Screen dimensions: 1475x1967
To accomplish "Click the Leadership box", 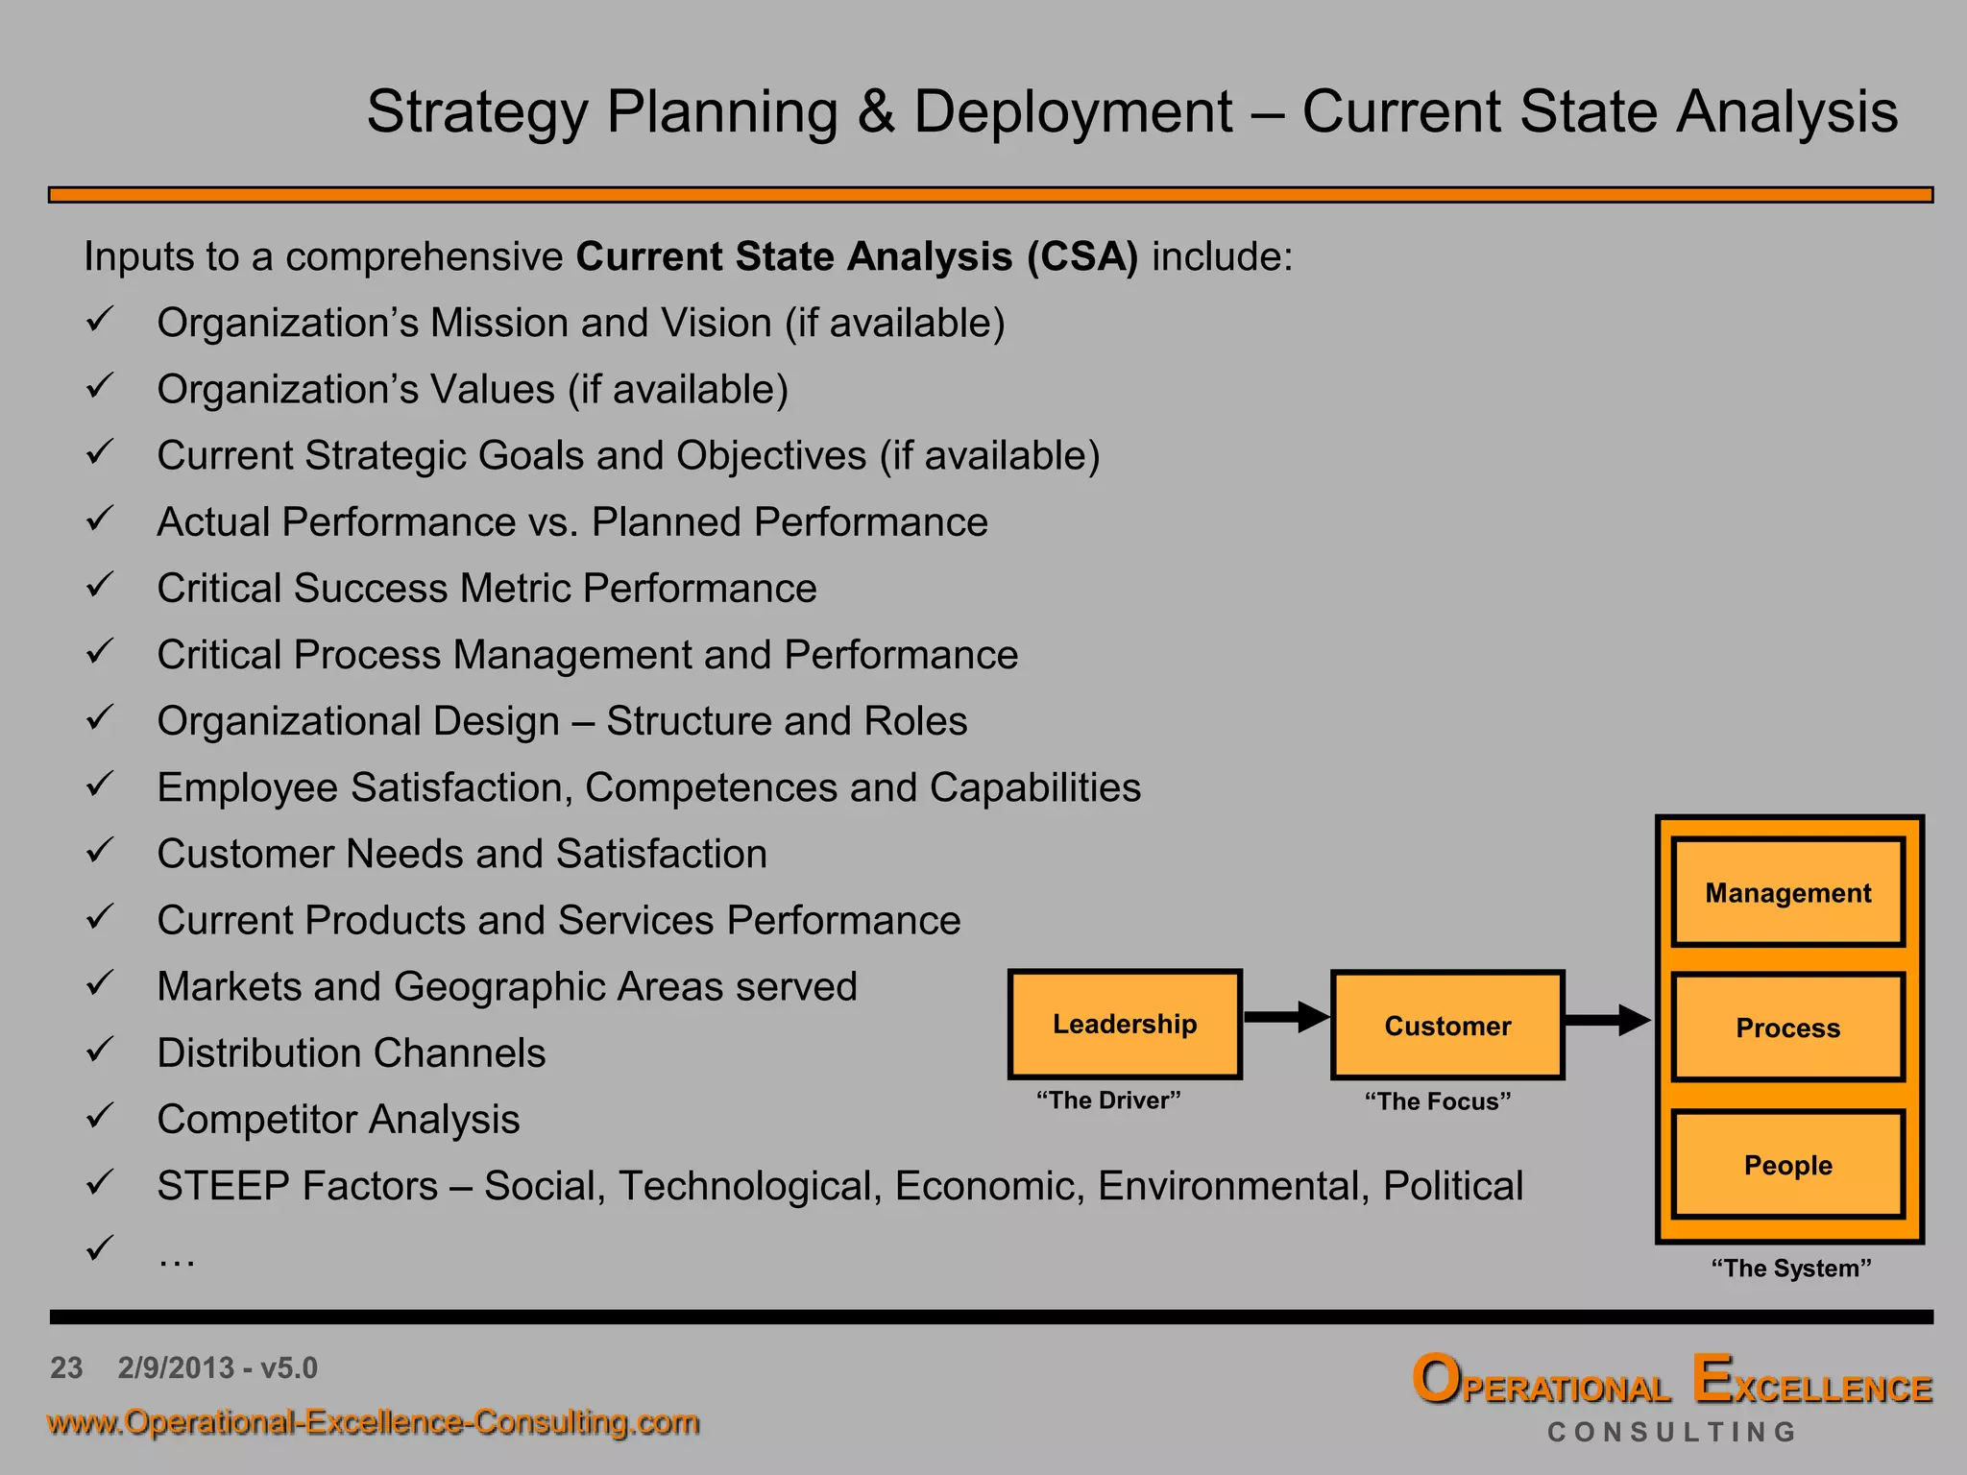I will [x=1125, y=1024].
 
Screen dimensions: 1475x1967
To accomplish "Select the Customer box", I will [x=1447, y=1026].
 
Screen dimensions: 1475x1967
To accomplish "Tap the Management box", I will [x=1787, y=893].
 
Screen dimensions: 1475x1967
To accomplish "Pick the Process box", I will [x=1787, y=1028].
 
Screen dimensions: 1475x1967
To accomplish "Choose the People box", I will [x=1787, y=1165].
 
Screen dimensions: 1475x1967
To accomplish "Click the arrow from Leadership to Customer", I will [x=1285, y=1017].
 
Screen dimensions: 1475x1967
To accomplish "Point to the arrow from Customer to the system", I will [x=1607, y=1020].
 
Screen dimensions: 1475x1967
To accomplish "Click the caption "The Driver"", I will [x=1108, y=1100].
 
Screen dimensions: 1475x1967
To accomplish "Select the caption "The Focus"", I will [x=1438, y=1101].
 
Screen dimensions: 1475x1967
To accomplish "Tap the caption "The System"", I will [x=1791, y=1269].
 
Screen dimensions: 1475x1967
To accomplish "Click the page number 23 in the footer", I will [x=66, y=1367].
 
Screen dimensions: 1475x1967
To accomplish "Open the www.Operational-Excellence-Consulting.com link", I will [x=373, y=1422].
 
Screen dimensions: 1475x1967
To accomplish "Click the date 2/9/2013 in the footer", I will [x=175, y=1367].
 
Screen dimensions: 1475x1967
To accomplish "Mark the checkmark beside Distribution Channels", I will [x=100, y=1050].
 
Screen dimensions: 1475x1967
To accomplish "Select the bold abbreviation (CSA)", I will [x=1081, y=257].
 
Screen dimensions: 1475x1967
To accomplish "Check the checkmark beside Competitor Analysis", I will [x=100, y=1116].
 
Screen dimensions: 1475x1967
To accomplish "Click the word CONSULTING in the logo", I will [x=1671, y=1432].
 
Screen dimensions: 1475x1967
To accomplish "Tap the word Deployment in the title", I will [x=1072, y=112].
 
